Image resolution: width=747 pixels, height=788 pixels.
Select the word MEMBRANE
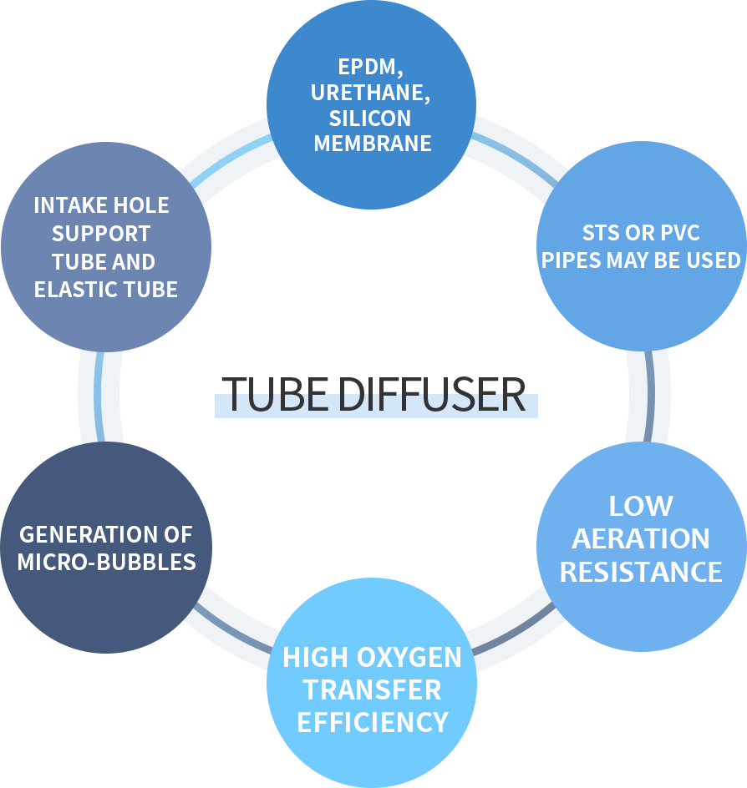click(373, 143)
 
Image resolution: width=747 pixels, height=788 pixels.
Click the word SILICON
click(369, 118)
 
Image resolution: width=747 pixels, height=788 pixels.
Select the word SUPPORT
click(101, 234)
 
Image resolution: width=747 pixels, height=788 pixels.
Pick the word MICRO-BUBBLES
click(106, 561)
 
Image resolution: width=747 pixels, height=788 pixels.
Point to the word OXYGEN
click(411, 658)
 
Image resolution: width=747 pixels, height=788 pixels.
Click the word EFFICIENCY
click(373, 721)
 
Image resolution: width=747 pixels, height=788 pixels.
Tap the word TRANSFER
click(373, 689)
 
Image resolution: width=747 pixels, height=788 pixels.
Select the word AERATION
click(641, 539)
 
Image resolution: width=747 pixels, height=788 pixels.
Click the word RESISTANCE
click(641, 572)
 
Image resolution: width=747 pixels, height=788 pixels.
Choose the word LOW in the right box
click(641, 506)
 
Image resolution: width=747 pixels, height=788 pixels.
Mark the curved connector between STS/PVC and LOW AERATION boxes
click(648, 396)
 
